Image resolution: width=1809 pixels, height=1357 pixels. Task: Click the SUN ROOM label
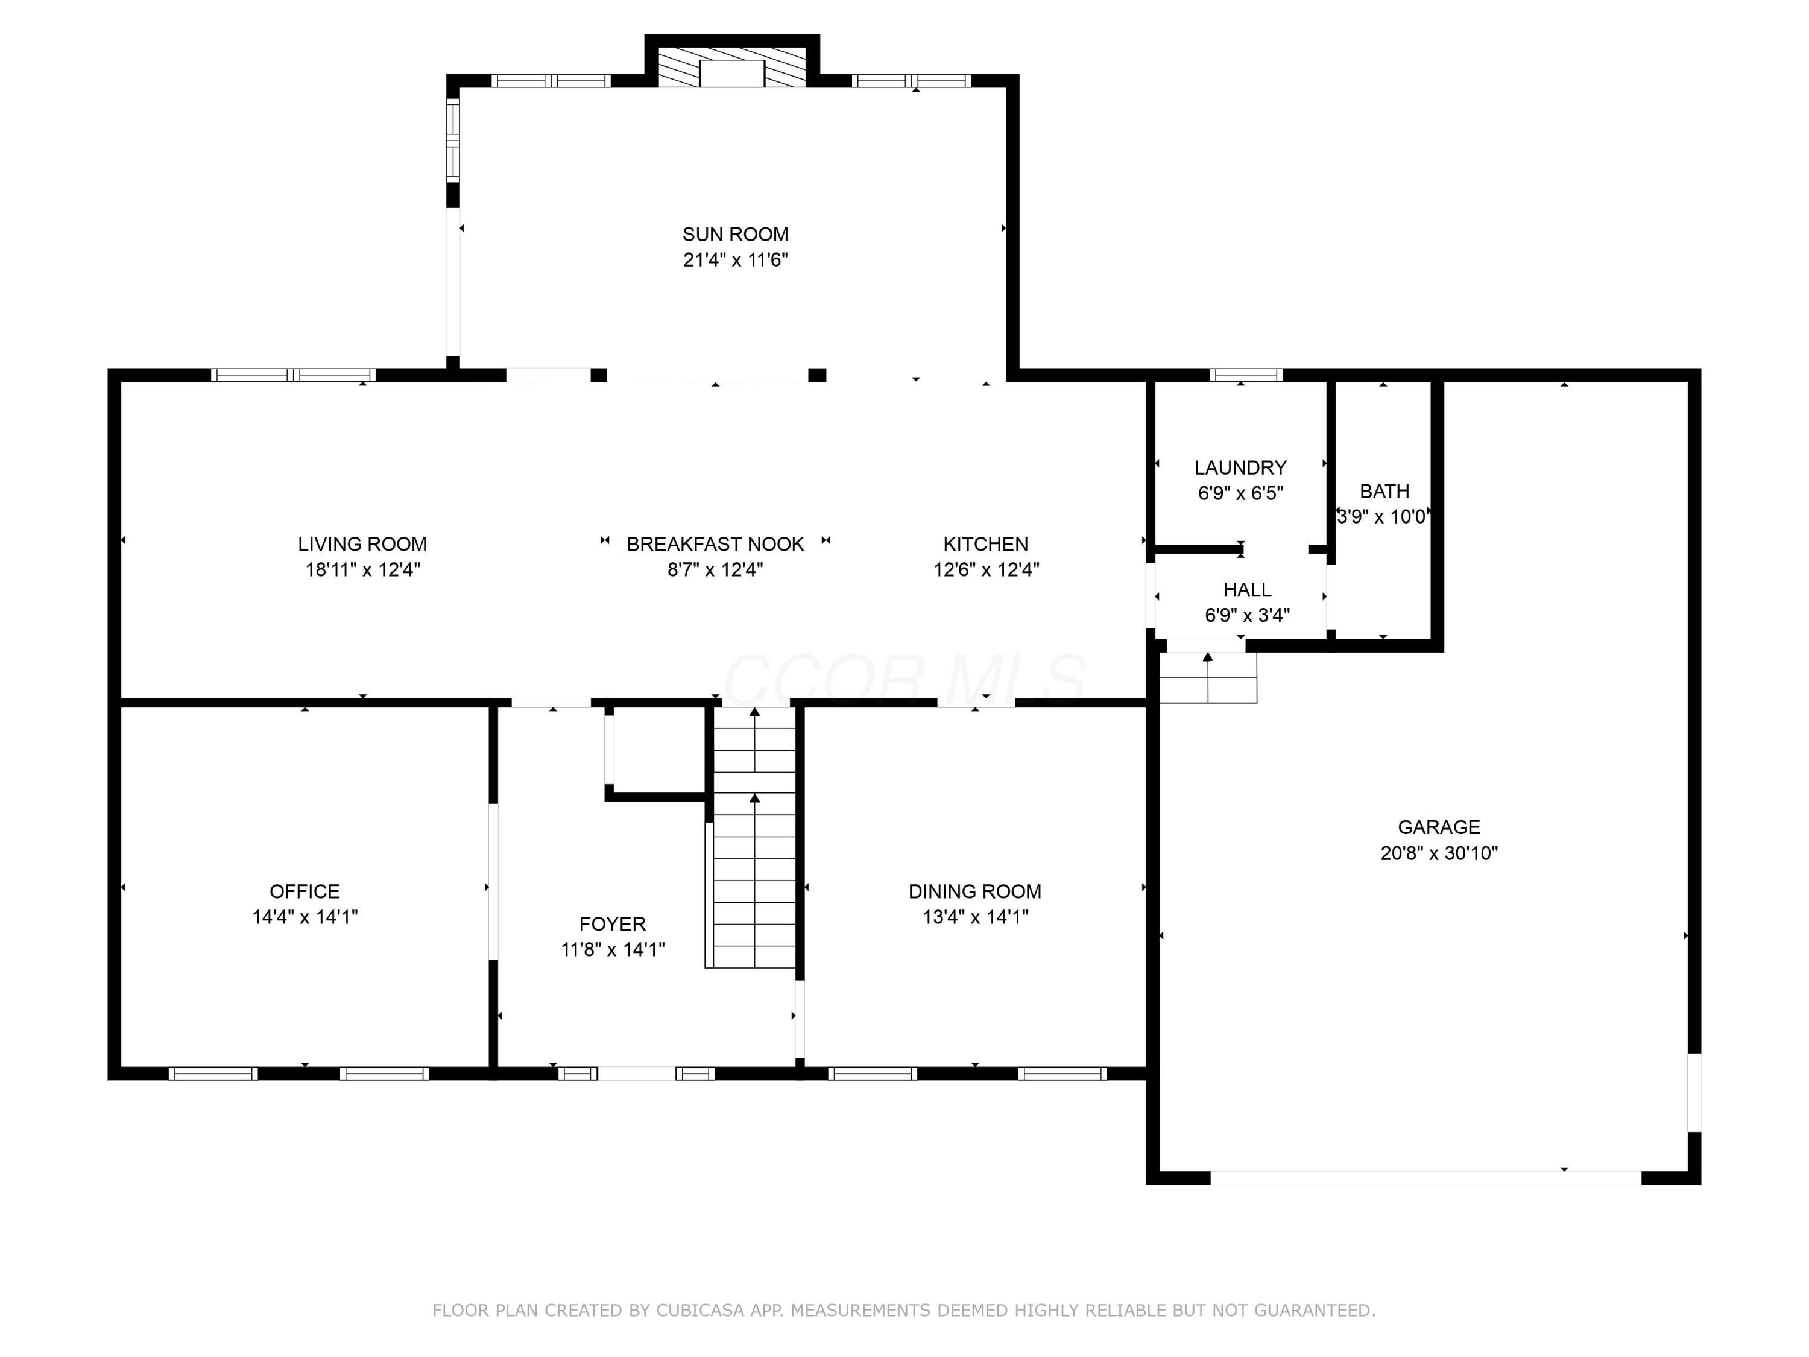[735, 234]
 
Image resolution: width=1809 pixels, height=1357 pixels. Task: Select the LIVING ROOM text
[362, 544]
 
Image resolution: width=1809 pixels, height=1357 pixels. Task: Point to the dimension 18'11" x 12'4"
[362, 569]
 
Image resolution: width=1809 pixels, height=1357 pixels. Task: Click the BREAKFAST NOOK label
[716, 544]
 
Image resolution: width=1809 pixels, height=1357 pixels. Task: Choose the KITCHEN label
[985, 544]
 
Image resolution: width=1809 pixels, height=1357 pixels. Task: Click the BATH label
[1384, 491]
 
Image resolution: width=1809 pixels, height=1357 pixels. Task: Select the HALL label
[1247, 590]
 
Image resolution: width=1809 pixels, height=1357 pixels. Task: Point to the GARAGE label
[1439, 827]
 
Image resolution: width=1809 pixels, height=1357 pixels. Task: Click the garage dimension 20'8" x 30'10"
[1439, 853]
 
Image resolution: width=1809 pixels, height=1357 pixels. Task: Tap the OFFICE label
[305, 891]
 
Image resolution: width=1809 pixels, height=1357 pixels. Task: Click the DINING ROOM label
[975, 891]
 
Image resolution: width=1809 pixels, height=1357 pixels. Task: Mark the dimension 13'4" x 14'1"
[975, 917]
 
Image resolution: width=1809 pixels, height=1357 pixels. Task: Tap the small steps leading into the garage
[1208, 677]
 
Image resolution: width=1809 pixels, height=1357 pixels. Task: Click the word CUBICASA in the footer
[700, 1311]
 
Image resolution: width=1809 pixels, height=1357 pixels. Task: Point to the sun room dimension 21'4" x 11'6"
[735, 260]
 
